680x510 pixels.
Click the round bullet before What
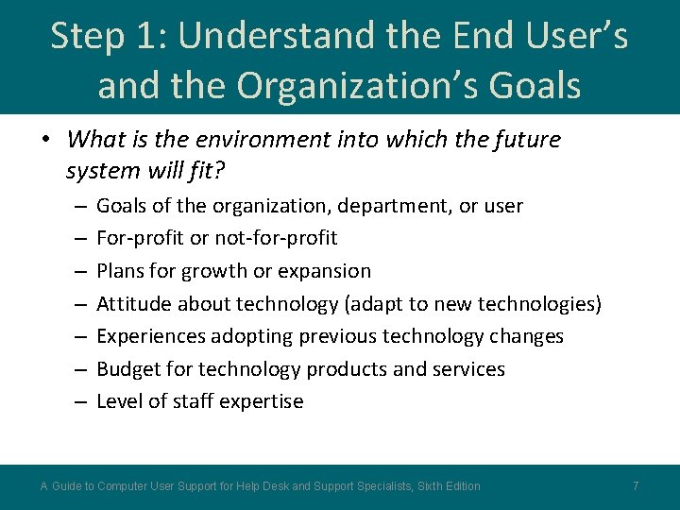coord(46,141)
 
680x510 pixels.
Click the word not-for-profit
coord(276,238)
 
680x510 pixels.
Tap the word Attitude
coord(132,303)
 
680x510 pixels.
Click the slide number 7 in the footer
coord(636,485)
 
